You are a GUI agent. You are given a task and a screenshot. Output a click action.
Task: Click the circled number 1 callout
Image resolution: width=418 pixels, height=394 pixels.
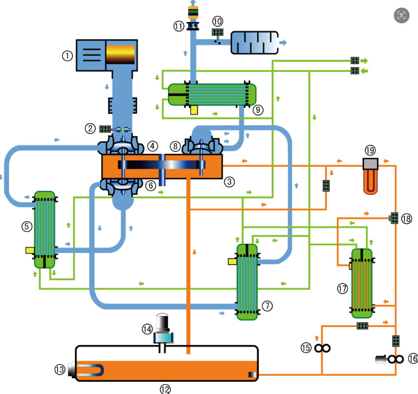(x=67, y=56)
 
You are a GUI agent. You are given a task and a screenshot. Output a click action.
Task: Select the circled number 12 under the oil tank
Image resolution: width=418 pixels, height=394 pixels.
(x=165, y=389)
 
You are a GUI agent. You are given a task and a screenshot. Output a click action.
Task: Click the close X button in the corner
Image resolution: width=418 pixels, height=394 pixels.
(x=401, y=16)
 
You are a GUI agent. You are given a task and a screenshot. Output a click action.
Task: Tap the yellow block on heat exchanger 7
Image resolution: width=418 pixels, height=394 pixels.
(x=232, y=261)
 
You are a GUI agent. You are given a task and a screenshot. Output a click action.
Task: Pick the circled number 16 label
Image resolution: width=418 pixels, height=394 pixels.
(x=412, y=359)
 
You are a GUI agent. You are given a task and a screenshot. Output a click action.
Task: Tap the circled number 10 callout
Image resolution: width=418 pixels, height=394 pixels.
(x=218, y=21)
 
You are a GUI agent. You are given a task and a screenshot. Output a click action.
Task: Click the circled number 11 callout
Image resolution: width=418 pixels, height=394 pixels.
(x=179, y=26)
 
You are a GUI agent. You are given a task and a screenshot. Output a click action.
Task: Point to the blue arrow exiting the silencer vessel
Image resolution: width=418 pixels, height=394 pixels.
(x=283, y=42)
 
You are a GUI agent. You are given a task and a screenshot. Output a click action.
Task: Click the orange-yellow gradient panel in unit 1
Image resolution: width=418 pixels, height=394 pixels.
(x=120, y=54)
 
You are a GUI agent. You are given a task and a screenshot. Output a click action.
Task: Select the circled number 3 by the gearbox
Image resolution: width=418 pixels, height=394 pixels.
(x=230, y=181)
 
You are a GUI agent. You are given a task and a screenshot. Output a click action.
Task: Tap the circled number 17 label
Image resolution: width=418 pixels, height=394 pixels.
(x=342, y=289)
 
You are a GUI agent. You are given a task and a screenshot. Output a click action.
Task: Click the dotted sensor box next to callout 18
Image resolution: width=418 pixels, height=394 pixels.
(x=394, y=218)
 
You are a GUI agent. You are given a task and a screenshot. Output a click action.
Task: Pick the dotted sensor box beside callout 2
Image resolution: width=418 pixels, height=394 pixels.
(x=105, y=129)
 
